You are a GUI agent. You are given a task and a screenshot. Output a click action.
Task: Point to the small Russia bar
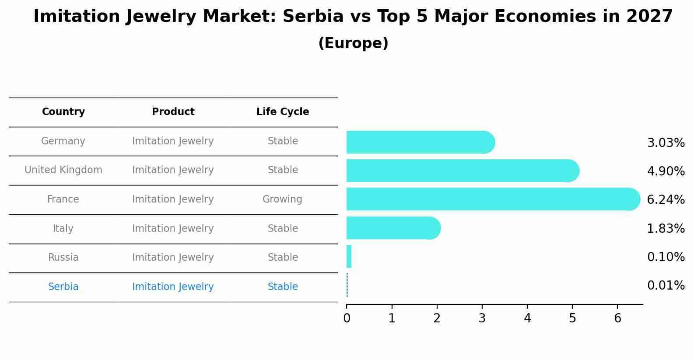pos(349,256)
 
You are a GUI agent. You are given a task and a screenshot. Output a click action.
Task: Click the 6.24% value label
pos(666,200)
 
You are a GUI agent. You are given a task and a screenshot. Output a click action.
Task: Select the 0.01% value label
pos(666,286)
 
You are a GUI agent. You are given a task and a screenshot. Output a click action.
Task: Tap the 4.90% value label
pos(666,171)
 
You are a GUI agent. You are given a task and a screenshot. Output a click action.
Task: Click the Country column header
pos(63,112)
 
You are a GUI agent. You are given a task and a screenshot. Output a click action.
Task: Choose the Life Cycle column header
pos(283,112)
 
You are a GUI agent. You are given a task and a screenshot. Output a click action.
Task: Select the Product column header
pos(173,112)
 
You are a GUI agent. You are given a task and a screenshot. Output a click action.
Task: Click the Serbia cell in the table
pos(63,287)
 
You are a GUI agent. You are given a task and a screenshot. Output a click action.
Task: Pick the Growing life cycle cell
pos(282,199)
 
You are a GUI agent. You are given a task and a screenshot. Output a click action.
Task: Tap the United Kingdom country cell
pos(63,170)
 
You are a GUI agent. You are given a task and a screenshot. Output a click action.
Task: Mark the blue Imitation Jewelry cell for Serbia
pos(173,287)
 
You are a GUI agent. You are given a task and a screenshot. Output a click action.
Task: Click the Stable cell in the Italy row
pos(283,228)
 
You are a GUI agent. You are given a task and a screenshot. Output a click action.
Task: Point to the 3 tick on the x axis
pos(482,318)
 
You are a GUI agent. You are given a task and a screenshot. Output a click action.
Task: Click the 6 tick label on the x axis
pos(617,318)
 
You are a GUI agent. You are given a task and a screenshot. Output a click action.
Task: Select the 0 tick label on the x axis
pos(347,318)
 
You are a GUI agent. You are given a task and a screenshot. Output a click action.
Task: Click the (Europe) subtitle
pos(353,43)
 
